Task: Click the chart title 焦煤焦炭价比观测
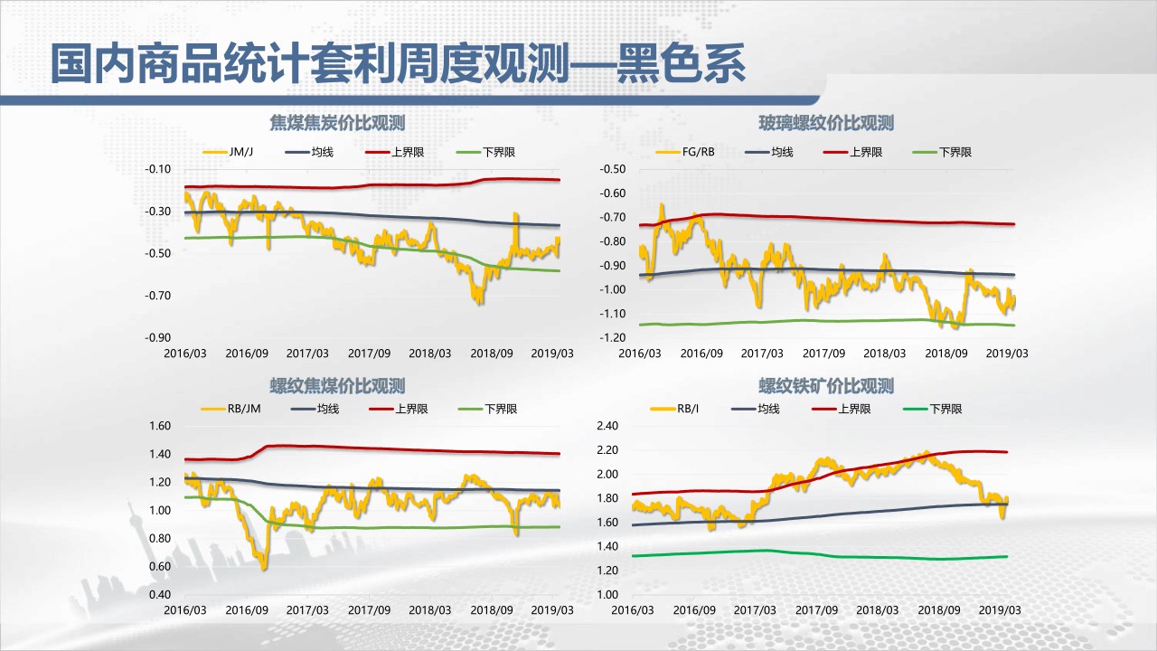click(337, 123)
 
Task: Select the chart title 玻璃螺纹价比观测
click(826, 123)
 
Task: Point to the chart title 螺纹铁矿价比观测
click(826, 386)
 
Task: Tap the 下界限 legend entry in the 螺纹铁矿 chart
click(945, 409)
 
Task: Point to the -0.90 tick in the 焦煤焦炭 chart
click(159, 337)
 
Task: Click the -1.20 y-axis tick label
click(613, 337)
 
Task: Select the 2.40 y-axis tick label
click(607, 426)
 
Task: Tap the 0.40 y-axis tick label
click(159, 594)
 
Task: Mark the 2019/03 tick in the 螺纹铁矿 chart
click(1002, 610)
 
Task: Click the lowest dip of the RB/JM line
click(264, 567)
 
